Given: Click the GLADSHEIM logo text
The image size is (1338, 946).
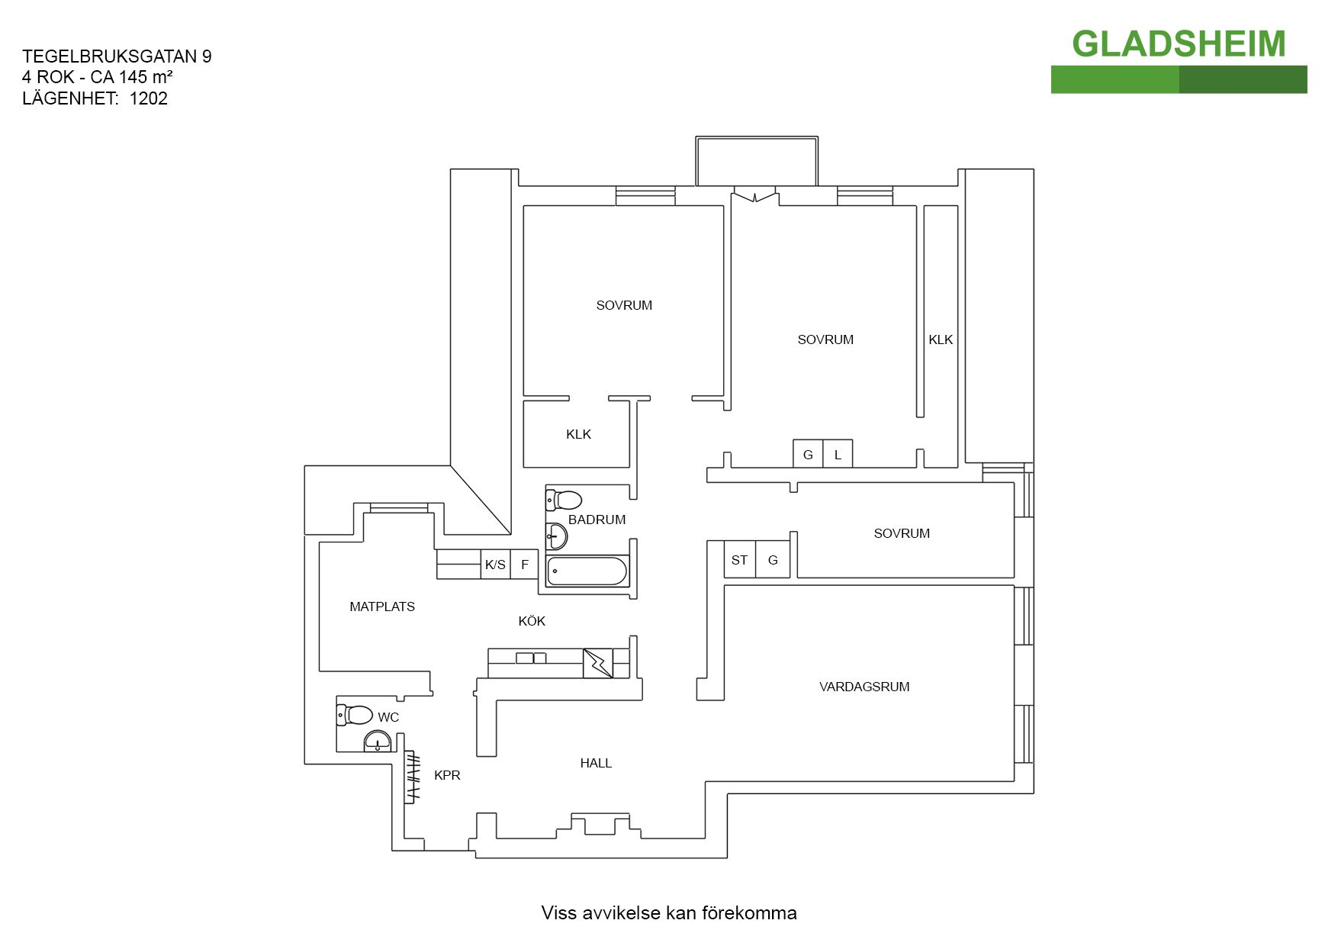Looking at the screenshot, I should point(1179,44).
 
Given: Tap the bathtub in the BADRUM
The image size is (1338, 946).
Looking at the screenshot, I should point(587,571).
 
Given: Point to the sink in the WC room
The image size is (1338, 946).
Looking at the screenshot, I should point(378,742).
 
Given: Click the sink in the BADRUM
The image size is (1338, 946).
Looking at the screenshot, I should point(557,536).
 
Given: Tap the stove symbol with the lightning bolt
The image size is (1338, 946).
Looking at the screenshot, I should point(598,663).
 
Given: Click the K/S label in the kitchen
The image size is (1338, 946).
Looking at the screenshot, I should point(495,565).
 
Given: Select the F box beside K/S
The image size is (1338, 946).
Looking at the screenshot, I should point(525,565).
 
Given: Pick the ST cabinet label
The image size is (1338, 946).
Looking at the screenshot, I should point(739,560).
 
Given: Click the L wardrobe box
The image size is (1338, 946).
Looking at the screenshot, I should point(838,455).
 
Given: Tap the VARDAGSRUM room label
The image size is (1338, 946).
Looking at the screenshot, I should point(864,687).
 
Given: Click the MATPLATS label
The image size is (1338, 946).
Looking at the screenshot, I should point(382,607).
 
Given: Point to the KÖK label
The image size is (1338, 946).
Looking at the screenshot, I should point(532,621).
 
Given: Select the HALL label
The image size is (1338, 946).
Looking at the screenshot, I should point(596,763).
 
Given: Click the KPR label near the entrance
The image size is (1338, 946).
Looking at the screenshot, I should point(447,775).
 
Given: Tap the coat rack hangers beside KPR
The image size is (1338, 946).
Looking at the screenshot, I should point(412,777).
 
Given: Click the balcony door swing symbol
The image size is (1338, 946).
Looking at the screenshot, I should point(755,195).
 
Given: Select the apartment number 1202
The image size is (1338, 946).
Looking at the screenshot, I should point(149,98).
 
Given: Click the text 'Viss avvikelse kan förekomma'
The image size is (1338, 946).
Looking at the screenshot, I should point(669,912).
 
